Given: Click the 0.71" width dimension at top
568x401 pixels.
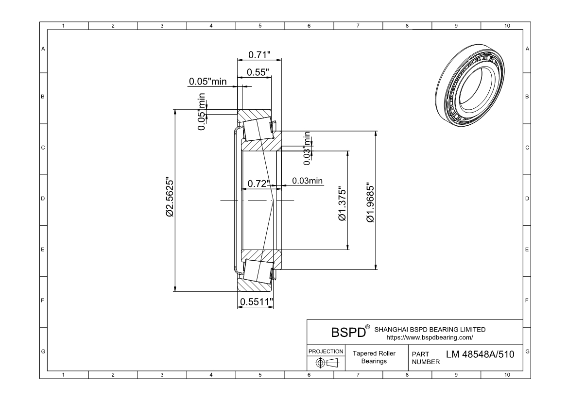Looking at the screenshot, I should pyautogui.click(x=259, y=54).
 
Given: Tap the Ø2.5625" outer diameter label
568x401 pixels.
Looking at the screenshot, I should pyautogui.click(x=170, y=196).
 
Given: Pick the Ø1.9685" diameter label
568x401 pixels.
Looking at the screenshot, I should pyautogui.click(x=370, y=203).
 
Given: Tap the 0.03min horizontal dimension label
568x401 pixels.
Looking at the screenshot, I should pyautogui.click(x=307, y=181).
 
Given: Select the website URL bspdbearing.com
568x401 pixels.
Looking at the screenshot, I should pyautogui.click(x=429, y=337).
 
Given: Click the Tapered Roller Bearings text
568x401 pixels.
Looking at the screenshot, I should pyautogui.click(x=374, y=357).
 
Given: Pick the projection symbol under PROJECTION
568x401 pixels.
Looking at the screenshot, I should pyautogui.click(x=326, y=363).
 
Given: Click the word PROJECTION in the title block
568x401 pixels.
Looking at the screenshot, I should pyautogui.click(x=326, y=351).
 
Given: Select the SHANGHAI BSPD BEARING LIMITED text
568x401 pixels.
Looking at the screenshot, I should pyautogui.click(x=430, y=329).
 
